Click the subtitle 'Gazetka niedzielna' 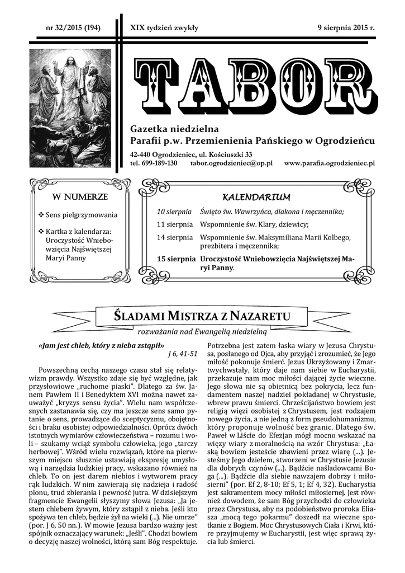click(170, 129)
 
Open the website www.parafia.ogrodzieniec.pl click(329, 163)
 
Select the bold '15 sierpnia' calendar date click(177, 259)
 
